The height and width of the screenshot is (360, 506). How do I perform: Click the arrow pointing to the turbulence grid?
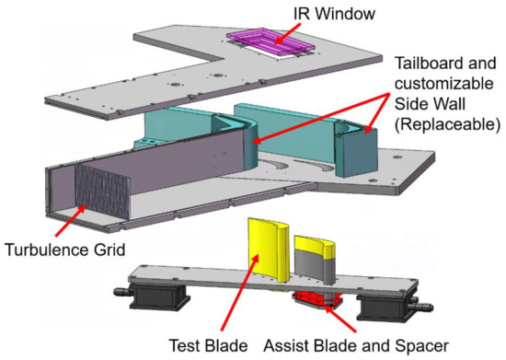pyautogui.click(x=68, y=221)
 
